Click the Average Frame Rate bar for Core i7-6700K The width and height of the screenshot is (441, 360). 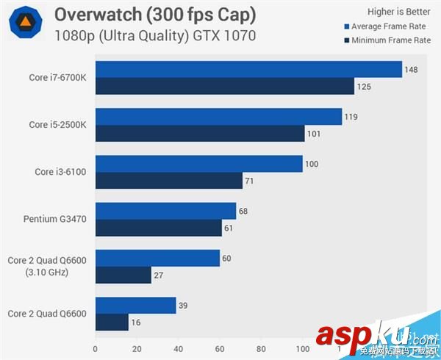coord(248,70)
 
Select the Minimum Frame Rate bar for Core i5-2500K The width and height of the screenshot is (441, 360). coord(200,133)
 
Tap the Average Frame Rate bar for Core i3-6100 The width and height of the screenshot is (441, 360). coord(198,164)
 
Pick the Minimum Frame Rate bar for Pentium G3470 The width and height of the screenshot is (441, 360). coord(158,228)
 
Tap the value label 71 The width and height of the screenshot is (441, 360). coord(252,180)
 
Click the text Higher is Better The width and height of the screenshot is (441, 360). coord(398,11)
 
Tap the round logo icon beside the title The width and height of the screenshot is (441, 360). coord(25,24)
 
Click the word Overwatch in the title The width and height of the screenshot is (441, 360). coord(94,15)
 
